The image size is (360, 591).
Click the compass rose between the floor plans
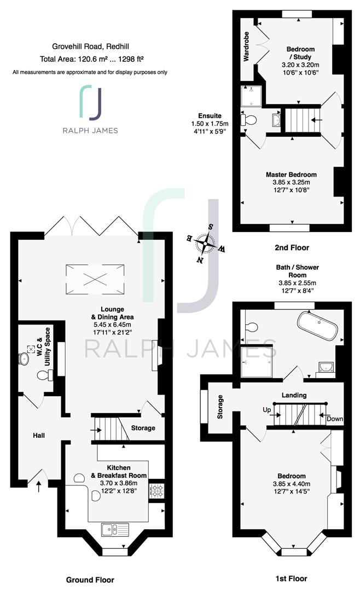click(x=206, y=243)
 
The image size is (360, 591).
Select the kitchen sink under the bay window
click(x=115, y=530)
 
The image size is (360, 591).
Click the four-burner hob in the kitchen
click(x=157, y=490)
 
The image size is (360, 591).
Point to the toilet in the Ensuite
click(x=249, y=120)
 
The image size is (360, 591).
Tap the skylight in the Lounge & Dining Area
click(x=95, y=279)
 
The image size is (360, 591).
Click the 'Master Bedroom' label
click(x=291, y=175)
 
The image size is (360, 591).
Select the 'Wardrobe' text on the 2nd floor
click(x=246, y=47)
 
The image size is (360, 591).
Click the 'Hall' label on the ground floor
click(x=39, y=436)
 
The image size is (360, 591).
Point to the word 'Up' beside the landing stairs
click(x=267, y=410)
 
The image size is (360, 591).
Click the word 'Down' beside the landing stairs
click(x=335, y=419)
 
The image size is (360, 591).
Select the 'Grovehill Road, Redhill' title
click(x=90, y=47)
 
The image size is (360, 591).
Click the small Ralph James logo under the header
click(x=90, y=109)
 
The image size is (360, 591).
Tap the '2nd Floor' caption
click(x=292, y=248)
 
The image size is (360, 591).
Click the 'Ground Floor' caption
click(x=90, y=580)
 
